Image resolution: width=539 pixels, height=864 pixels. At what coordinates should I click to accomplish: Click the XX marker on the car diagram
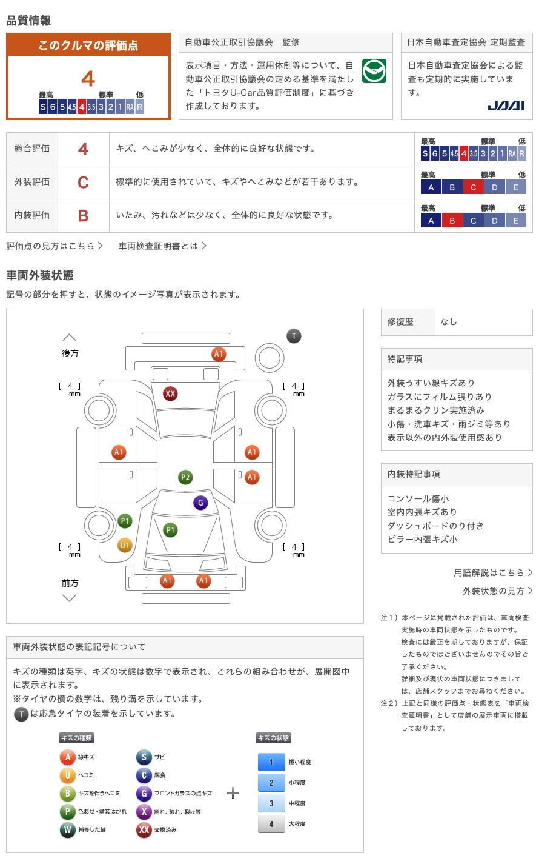coord(170,394)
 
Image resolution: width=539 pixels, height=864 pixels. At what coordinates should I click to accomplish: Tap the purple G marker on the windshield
coord(200,503)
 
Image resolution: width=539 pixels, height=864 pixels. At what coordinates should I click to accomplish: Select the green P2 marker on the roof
coord(185,478)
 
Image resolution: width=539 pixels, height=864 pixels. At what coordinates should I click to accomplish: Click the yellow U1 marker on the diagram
coord(125,545)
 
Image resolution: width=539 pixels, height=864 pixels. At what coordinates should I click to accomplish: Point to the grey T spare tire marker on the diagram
coord(294,336)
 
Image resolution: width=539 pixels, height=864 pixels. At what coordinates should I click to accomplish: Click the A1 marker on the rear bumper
coord(219,354)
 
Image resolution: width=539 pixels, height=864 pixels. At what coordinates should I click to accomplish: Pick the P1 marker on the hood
coord(170,531)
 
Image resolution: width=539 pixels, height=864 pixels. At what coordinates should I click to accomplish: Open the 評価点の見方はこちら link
coord(51,246)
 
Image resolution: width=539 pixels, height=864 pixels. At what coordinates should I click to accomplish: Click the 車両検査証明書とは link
coord(159,246)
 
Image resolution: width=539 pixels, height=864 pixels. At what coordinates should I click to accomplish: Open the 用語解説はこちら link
coord(489,572)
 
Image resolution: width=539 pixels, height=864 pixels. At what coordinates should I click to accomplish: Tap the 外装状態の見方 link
coord(494,591)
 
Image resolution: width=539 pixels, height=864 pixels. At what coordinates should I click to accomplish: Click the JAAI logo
coord(506,105)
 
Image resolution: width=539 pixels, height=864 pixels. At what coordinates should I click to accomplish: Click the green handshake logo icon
coord(374,72)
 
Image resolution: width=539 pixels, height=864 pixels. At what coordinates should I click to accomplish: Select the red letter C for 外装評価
coord(83,182)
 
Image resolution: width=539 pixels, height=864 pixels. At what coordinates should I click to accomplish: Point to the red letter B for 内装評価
coord(83,215)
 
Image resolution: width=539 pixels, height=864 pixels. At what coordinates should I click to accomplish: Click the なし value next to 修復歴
coord(449,322)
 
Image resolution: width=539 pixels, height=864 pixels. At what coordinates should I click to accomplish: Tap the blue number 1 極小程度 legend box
coord(271,762)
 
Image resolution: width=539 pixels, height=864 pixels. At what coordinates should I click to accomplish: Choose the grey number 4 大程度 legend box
coord(271,824)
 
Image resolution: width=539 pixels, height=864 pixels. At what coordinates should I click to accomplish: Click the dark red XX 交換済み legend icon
coord(144,829)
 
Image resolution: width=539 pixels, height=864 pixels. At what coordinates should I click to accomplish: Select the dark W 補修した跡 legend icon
coord(67,829)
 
